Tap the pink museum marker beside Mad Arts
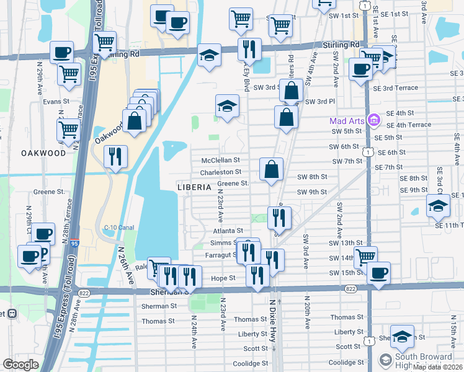[x=373, y=120]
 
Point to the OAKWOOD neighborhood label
[x=43, y=153]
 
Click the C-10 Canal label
[x=119, y=227]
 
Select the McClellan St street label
[x=220, y=160]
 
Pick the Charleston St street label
[x=221, y=172]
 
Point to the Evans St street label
[x=55, y=101]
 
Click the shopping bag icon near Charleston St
[x=272, y=169]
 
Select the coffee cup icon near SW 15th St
[x=378, y=272]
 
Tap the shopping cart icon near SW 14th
[x=365, y=255]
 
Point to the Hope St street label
[x=224, y=278]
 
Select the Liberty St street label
[x=252, y=334]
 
